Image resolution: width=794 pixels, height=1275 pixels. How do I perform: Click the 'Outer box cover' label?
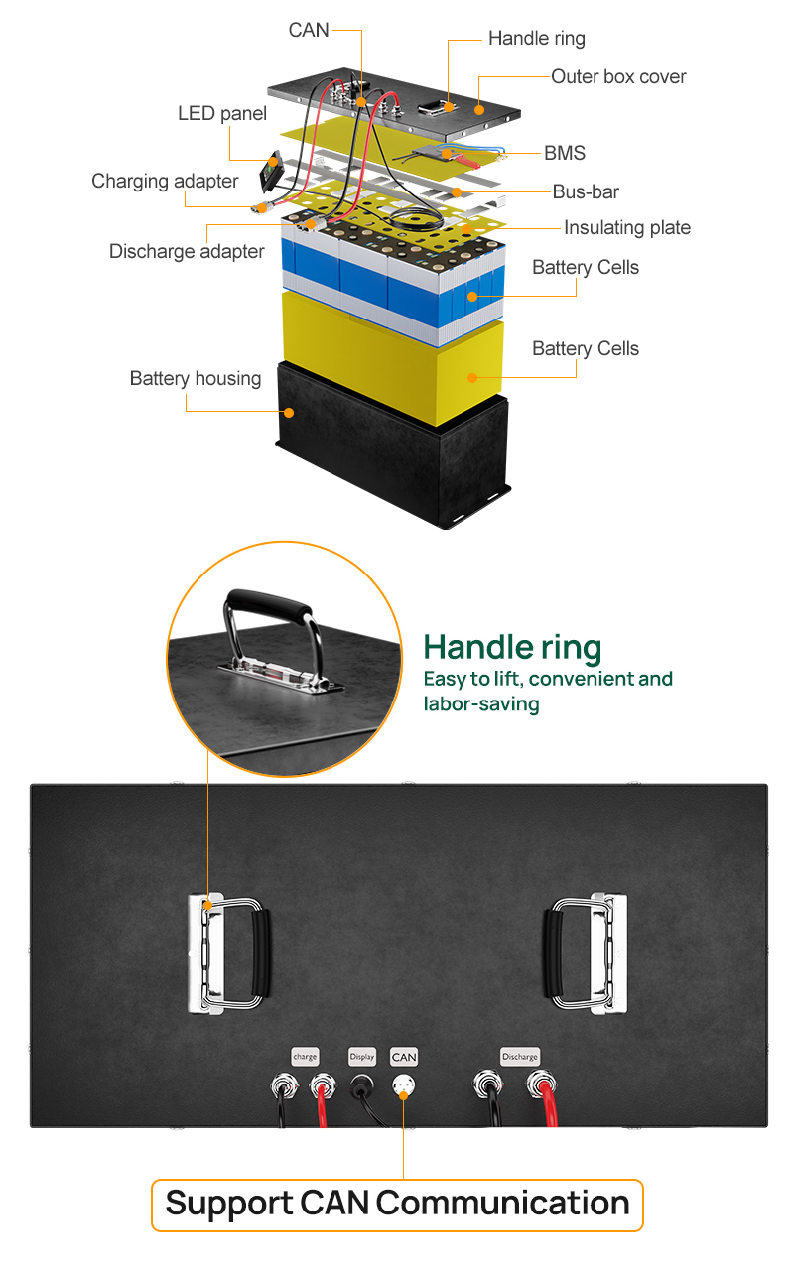coord(618,76)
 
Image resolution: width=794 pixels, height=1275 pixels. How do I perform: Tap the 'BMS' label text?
coord(564,153)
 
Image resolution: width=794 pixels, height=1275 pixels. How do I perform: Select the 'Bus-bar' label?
coord(586,191)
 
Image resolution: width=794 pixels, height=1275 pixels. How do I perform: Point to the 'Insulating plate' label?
coord(627,227)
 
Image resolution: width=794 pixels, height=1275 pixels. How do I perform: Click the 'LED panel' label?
coord(222,113)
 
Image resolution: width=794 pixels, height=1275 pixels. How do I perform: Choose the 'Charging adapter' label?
coord(165,181)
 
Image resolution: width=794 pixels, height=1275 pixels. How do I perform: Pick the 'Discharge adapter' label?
coord(187,252)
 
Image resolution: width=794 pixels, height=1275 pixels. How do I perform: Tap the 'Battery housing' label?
coord(196,378)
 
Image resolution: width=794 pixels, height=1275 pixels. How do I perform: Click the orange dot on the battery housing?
coord(289,413)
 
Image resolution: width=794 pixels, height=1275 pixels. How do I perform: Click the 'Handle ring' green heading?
coord(512,648)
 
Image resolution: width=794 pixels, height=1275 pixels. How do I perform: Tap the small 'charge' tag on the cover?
coord(305,1057)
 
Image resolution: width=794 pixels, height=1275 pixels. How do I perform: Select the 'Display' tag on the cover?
coord(362,1057)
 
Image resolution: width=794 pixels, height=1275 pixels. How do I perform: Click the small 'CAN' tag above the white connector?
coord(404,1057)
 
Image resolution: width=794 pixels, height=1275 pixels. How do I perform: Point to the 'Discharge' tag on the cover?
coord(520,1057)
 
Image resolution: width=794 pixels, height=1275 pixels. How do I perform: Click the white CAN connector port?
coord(404,1085)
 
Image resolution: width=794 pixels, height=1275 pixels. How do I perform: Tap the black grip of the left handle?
coord(261,952)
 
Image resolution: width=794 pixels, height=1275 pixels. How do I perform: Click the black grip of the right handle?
coord(554,952)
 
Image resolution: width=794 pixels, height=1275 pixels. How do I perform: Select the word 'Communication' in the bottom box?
coord(502,1204)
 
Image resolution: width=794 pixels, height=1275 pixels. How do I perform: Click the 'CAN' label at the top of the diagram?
coord(309,30)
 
